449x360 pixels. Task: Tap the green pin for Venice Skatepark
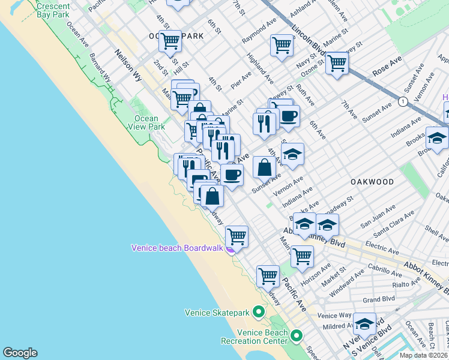tap(259, 312)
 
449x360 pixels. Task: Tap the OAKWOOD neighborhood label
tap(373, 182)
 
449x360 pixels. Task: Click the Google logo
tap(20, 353)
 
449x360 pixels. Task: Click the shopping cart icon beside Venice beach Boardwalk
tap(237, 236)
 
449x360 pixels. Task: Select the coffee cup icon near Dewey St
tap(289, 116)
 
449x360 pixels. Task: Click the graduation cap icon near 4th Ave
tap(292, 154)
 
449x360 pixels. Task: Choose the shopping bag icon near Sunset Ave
tap(264, 167)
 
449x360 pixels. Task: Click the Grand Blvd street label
tap(378, 299)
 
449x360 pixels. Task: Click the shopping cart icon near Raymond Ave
tap(282, 45)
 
